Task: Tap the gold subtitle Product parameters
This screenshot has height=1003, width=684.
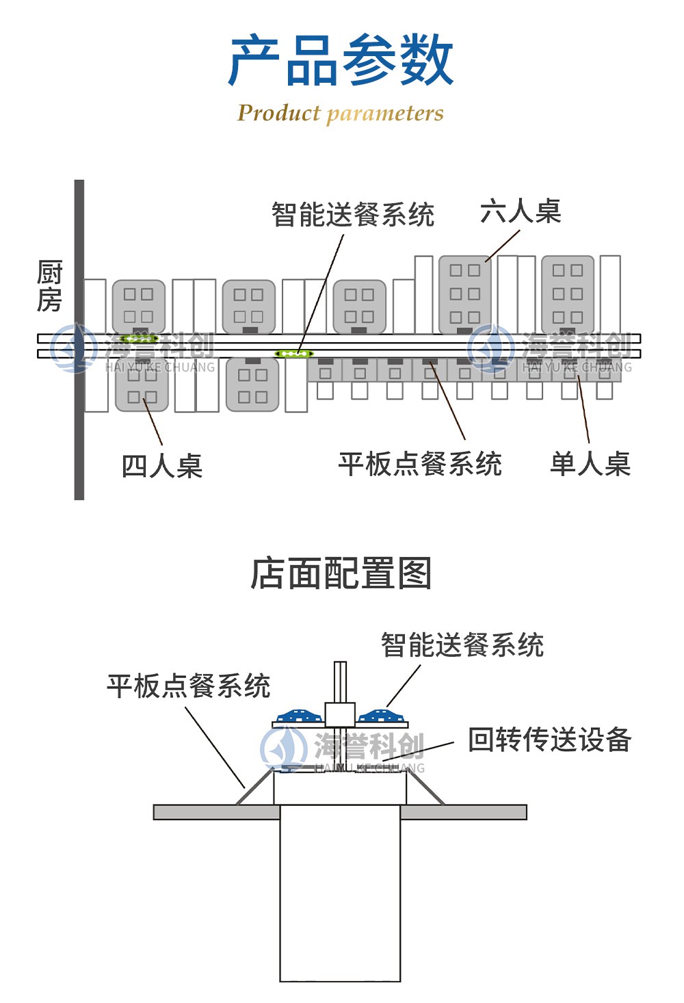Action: click(341, 113)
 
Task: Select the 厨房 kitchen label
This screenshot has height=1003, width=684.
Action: click(49, 286)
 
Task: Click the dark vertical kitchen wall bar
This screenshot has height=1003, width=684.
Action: click(79, 411)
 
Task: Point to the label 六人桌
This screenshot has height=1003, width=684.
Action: click(520, 211)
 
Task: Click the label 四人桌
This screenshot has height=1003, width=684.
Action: click(161, 467)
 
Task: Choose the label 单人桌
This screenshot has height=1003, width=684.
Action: click(590, 464)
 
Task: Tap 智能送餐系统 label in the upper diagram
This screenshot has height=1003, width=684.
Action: click(352, 215)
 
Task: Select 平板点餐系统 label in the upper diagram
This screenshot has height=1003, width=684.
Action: click(419, 464)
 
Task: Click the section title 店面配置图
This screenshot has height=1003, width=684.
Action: click(341, 573)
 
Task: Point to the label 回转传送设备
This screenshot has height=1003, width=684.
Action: click(549, 740)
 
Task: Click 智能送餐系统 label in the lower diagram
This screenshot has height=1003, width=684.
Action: click(462, 645)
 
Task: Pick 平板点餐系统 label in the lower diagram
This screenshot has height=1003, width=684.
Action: click(188, 686)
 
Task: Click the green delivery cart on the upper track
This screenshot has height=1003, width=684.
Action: click(139, 338)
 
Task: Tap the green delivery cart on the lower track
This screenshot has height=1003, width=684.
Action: click(294, 354)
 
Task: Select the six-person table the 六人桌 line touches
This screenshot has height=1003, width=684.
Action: click(464, 294)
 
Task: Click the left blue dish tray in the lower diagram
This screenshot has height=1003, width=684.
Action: click(298, 716)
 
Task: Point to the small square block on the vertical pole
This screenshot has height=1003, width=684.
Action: click(340, 714)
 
